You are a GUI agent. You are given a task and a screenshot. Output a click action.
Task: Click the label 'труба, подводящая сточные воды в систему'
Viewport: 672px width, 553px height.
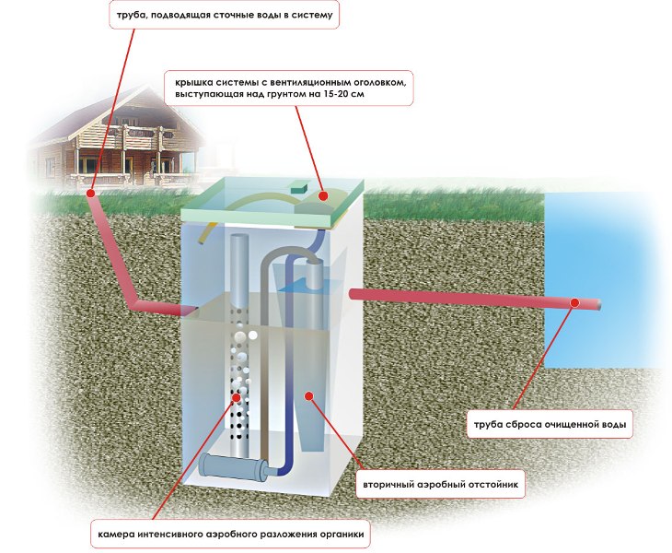(x=222, y=16)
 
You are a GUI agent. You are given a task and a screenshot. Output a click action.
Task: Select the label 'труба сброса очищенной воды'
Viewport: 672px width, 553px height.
(x=550, y=425)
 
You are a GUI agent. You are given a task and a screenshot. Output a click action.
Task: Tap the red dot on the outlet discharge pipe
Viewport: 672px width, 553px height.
(x=574, y=301)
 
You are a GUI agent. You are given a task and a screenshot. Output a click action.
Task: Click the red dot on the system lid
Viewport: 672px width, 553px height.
(x=323, y=195)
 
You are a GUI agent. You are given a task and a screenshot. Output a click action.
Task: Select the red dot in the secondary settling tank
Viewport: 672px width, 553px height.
(x=309, y=395)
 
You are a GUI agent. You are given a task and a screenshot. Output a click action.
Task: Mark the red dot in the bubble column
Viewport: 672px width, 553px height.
(x=241, y=398)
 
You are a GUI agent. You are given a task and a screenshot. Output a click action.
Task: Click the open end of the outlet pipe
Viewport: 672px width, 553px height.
(x=599, y=305)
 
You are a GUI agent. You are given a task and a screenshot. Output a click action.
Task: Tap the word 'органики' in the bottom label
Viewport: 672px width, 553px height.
(x=338, y=534)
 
